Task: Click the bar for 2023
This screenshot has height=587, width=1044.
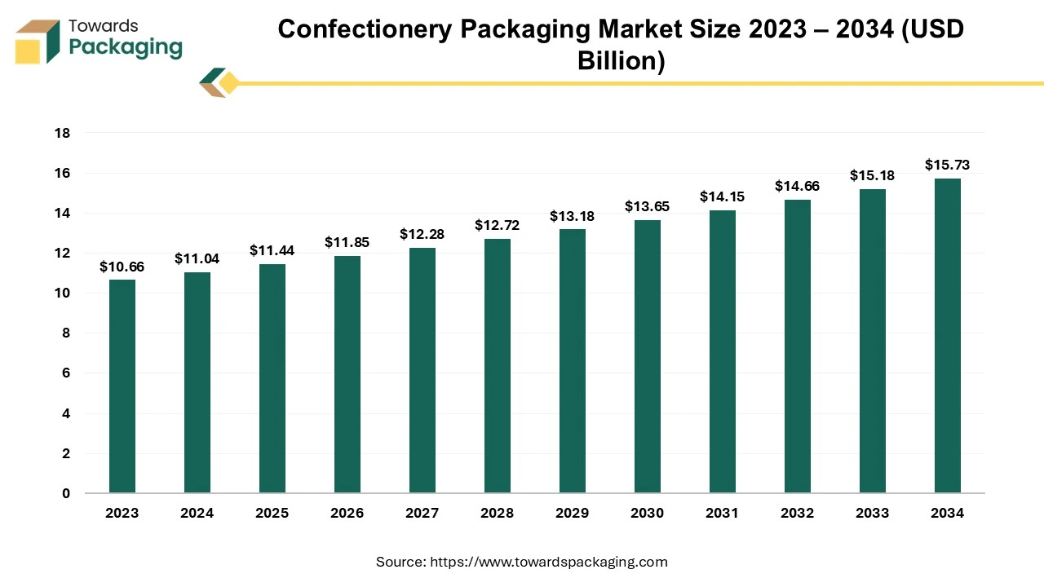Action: [122, 386]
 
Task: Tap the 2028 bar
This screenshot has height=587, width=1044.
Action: [498, 366]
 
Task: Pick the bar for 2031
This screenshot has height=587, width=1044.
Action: [723, 351]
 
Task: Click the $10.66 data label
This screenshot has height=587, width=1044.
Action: [122, 267]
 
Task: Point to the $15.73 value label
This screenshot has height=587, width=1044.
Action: [948, 165]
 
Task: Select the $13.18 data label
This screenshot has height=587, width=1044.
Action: [573, 216]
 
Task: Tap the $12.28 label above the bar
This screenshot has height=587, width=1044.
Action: [422, 234]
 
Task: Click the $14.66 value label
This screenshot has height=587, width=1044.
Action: [798, 186]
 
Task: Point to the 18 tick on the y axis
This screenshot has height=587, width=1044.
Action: [63, 133]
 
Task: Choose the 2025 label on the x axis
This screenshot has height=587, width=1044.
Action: [272, 513]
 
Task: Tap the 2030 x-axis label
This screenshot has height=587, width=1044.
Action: [648, 513]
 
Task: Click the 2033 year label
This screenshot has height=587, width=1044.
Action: [873, 513]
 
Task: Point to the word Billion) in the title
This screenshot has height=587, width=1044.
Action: [622, 60]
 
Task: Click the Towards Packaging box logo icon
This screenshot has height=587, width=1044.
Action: [38, 42]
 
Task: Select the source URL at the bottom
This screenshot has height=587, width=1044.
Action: [548, 562]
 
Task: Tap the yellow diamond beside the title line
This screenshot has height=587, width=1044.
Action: [228, 83]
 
